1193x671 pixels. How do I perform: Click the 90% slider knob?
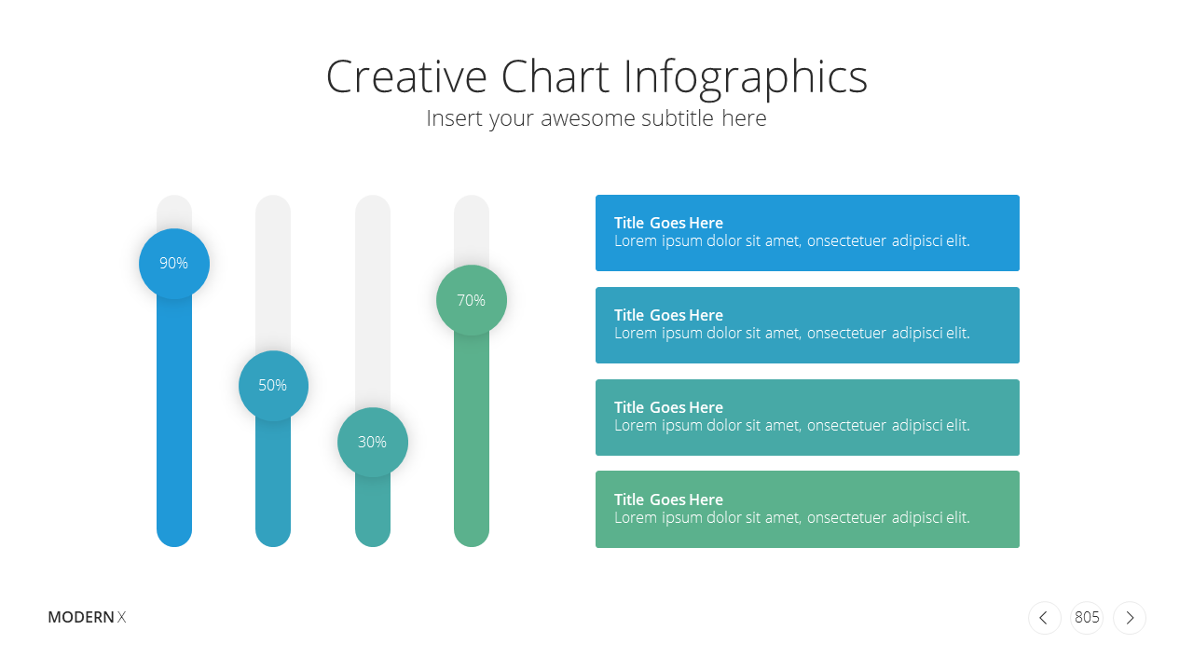point(174,264)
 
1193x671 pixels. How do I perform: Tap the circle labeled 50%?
point(273,386)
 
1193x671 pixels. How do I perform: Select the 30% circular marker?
point(373,442)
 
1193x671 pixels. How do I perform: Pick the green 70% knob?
point(472,300)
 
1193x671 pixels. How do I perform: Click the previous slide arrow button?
point(1045,618)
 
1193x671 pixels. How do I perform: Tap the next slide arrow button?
point(1130,618)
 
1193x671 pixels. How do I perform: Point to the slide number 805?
point(1087,617)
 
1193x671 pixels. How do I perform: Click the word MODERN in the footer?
point(81,617)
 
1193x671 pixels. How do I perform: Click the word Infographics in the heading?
point(746,79)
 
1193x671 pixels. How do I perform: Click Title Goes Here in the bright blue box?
point(668,223)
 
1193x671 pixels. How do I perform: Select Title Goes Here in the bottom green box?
point(668,500)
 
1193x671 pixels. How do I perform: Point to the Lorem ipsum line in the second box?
point(792,334)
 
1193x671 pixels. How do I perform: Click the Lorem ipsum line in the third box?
point(792,426)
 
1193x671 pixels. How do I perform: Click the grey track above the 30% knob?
point(373,301)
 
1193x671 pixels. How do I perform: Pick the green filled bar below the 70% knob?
point(472,440)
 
